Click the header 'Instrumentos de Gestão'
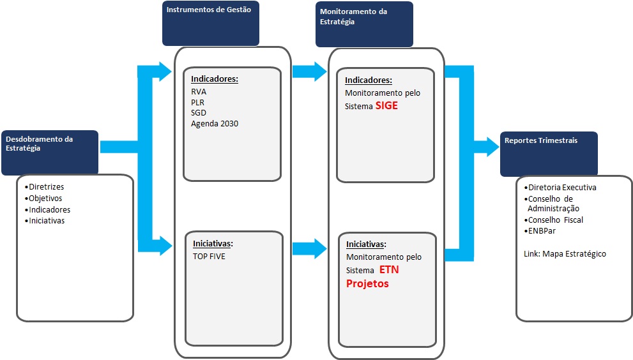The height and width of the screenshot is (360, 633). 209,10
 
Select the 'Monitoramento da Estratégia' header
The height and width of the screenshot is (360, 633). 354,17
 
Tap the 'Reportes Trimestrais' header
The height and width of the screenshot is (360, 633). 541,140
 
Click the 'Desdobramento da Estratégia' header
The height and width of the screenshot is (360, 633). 39,143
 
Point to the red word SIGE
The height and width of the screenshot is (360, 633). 386,106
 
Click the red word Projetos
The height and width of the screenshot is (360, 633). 367,283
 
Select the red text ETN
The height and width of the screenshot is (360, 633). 389,269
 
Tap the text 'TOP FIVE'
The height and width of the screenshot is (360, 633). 209,257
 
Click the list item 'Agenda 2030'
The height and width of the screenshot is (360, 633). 215,123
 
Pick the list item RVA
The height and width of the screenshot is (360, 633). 199,92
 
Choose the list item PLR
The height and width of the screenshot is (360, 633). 198,103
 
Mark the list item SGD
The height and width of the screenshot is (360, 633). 199,112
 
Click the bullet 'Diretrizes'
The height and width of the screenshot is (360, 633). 45,187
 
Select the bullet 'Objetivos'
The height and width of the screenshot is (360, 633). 43,198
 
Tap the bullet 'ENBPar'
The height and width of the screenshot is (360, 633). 540,231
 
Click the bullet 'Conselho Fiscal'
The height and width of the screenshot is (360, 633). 553,220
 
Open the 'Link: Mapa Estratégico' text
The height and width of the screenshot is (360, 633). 565,254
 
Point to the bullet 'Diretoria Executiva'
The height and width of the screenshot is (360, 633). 560,187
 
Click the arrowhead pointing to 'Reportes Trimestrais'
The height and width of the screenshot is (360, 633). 492,147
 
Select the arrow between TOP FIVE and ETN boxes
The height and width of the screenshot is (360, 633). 310,248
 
